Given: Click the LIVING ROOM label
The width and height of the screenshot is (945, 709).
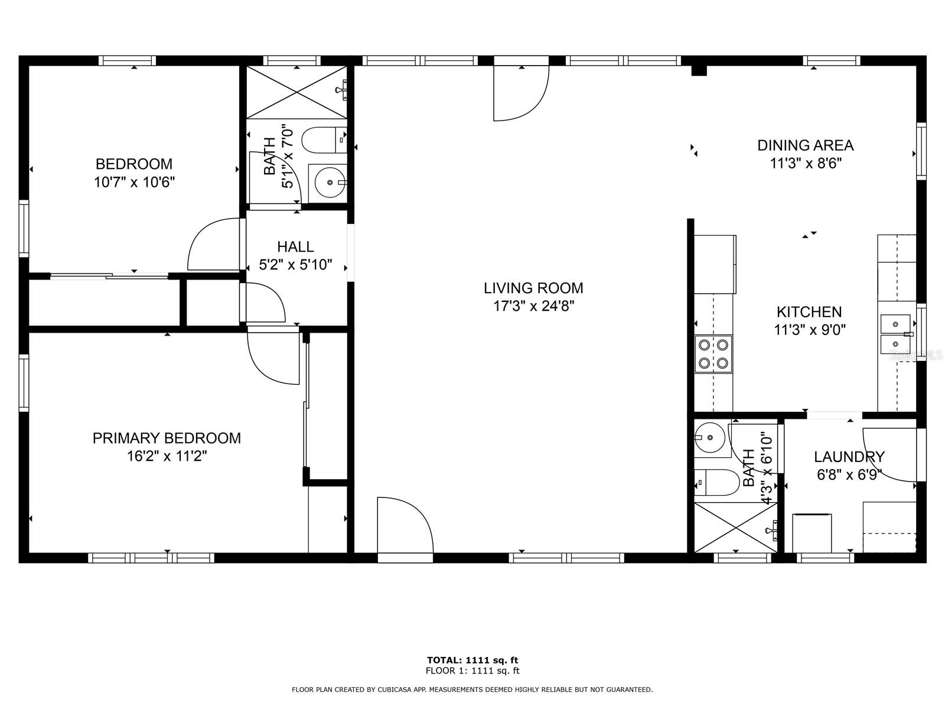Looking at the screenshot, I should [533, 288].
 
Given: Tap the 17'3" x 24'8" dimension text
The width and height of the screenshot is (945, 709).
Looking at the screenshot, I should [533, 306].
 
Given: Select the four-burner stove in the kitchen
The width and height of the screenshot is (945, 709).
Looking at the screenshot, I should [713, 353].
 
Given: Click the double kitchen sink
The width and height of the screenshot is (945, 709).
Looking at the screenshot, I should [896, 333].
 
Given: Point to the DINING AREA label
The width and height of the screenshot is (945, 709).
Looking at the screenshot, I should [805, 145].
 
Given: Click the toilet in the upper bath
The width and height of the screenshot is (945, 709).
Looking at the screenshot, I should [322, 141].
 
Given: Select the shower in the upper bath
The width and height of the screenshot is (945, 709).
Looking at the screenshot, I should [296, 92].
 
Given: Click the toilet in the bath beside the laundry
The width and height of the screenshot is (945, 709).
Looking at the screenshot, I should [716, 483].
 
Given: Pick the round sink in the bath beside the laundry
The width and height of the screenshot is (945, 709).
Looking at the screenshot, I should [709, 438].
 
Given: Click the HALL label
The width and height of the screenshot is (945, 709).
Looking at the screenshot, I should [295, 246].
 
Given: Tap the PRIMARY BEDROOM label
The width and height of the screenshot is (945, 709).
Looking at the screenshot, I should [167, 438].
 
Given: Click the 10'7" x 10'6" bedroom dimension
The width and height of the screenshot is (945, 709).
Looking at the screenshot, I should [134, 182].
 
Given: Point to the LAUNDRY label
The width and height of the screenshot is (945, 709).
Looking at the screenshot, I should [849, 457].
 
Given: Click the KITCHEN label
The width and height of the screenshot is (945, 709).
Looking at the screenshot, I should [809, 311].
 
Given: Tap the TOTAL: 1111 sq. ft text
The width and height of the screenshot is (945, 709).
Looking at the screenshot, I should [472, 660].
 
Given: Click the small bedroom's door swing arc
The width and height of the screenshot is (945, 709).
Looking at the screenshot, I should [213, 245].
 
